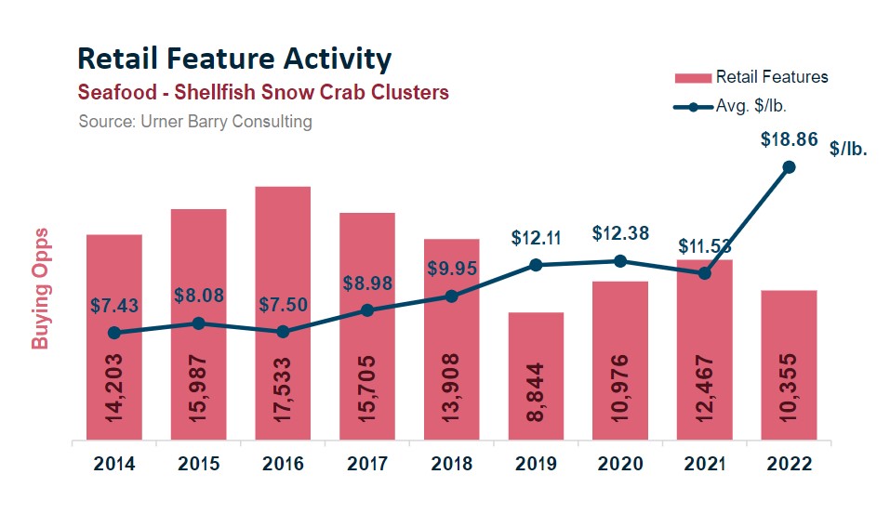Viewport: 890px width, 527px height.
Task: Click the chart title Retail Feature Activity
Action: click(234, 59)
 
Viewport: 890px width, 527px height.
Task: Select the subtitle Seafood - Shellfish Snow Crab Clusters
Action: click(264, 93)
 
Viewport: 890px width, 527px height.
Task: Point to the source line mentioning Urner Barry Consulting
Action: click(195, 122)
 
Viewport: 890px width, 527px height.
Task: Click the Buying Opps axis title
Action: click(40, 289)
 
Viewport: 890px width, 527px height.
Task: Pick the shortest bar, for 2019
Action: click(536, 375)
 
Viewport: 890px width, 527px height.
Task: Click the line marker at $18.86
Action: click(789, 167)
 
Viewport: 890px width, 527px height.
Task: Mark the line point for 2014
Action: click(114, 333)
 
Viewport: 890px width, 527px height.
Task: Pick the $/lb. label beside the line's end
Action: click(847, 149)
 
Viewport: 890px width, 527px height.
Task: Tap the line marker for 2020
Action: click(620, 261)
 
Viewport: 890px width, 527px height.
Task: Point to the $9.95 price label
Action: click(452, 269)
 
